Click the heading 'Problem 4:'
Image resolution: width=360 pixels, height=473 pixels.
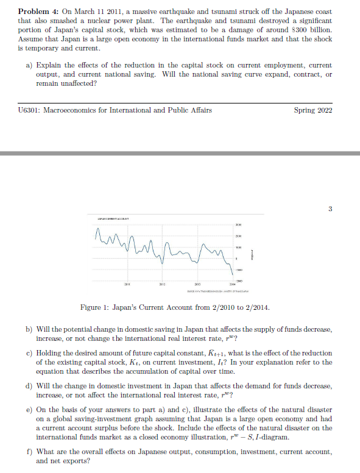pyautogui.click(x=38, y=12)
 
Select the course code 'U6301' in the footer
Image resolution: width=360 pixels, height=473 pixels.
pyautogui.click(x=30, y=110)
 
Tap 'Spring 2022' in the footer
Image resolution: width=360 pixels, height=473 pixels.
pyautogui.click(x=313, y=110)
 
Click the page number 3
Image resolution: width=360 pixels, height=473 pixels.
pyautogui.click(x=330, y=210)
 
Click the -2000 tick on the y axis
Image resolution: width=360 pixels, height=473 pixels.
pyautogui.click(x=239, y=278)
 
